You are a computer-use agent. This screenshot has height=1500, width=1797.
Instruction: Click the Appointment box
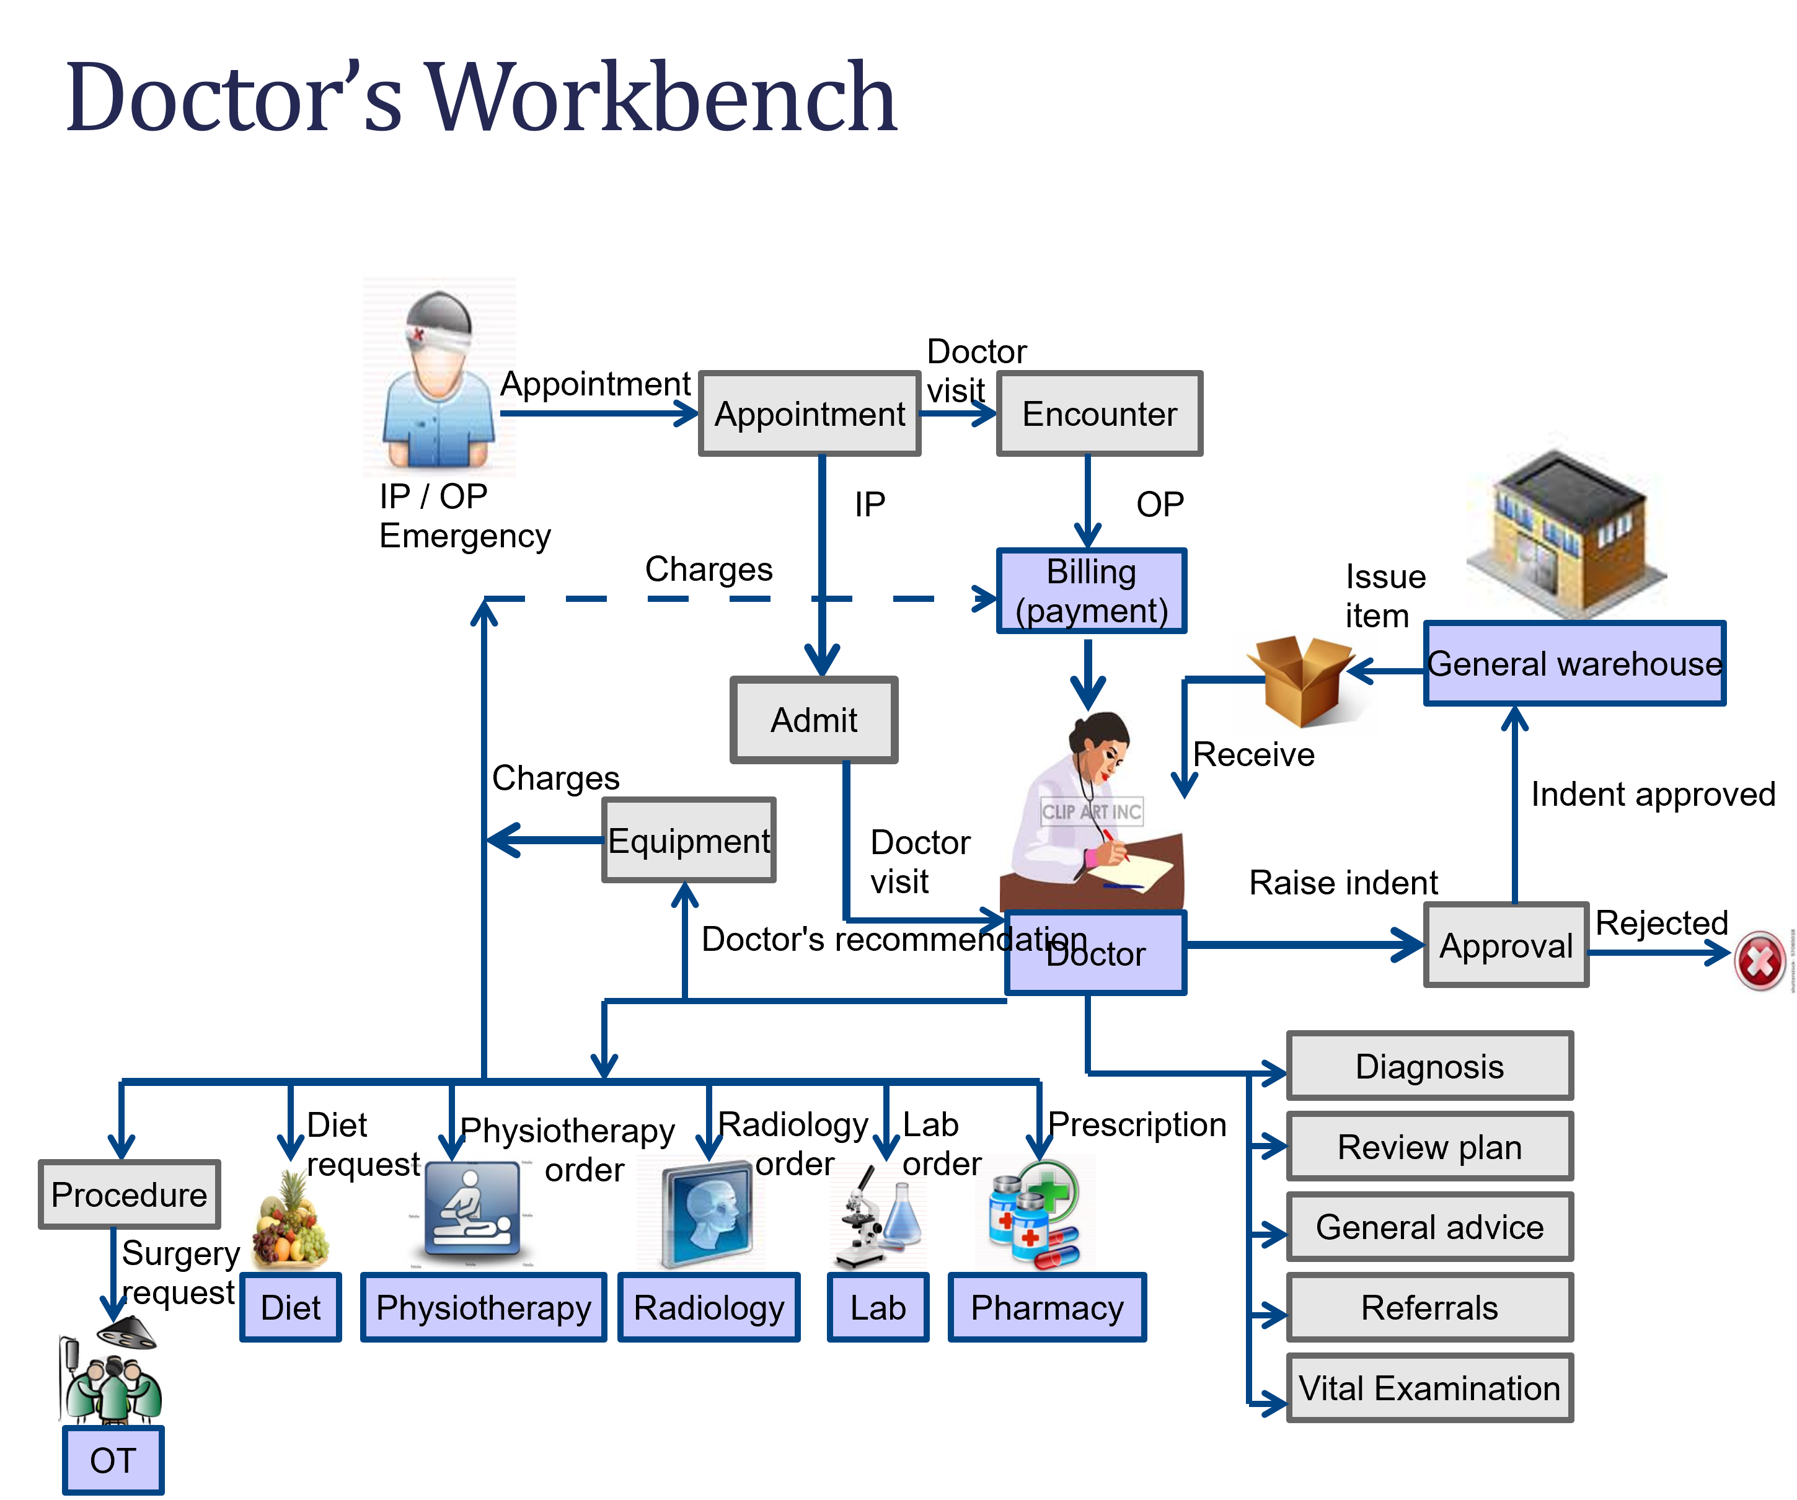[809, 413]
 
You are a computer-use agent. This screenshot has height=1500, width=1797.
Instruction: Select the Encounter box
[1099, 413]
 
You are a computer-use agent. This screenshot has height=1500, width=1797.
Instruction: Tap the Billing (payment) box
[1091, 591]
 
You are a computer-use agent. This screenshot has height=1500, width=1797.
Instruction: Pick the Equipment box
[689, 840]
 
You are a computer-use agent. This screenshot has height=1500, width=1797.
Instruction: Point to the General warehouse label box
[1574, 663]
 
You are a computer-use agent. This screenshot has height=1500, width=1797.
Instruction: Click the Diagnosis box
[1429, 1065]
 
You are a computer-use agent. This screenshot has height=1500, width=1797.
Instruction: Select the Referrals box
[1429, 1307]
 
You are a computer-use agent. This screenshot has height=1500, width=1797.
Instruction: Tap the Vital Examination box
[1429, 1387]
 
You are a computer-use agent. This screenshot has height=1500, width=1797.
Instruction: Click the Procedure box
[129, 1194]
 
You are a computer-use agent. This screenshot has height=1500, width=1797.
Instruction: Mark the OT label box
[113, 1460]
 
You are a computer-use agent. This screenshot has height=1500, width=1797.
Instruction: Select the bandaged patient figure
[438, 376]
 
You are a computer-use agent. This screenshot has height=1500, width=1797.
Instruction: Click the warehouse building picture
[1566, 524]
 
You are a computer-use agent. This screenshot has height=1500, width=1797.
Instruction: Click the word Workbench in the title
[661, 97]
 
